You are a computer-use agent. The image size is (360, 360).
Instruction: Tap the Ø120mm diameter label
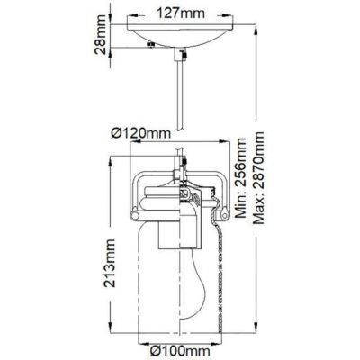[x=141, y=135]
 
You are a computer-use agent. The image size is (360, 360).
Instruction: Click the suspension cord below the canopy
[x=181, y=99]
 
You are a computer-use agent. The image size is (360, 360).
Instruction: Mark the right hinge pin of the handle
[x=225, y=212]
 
